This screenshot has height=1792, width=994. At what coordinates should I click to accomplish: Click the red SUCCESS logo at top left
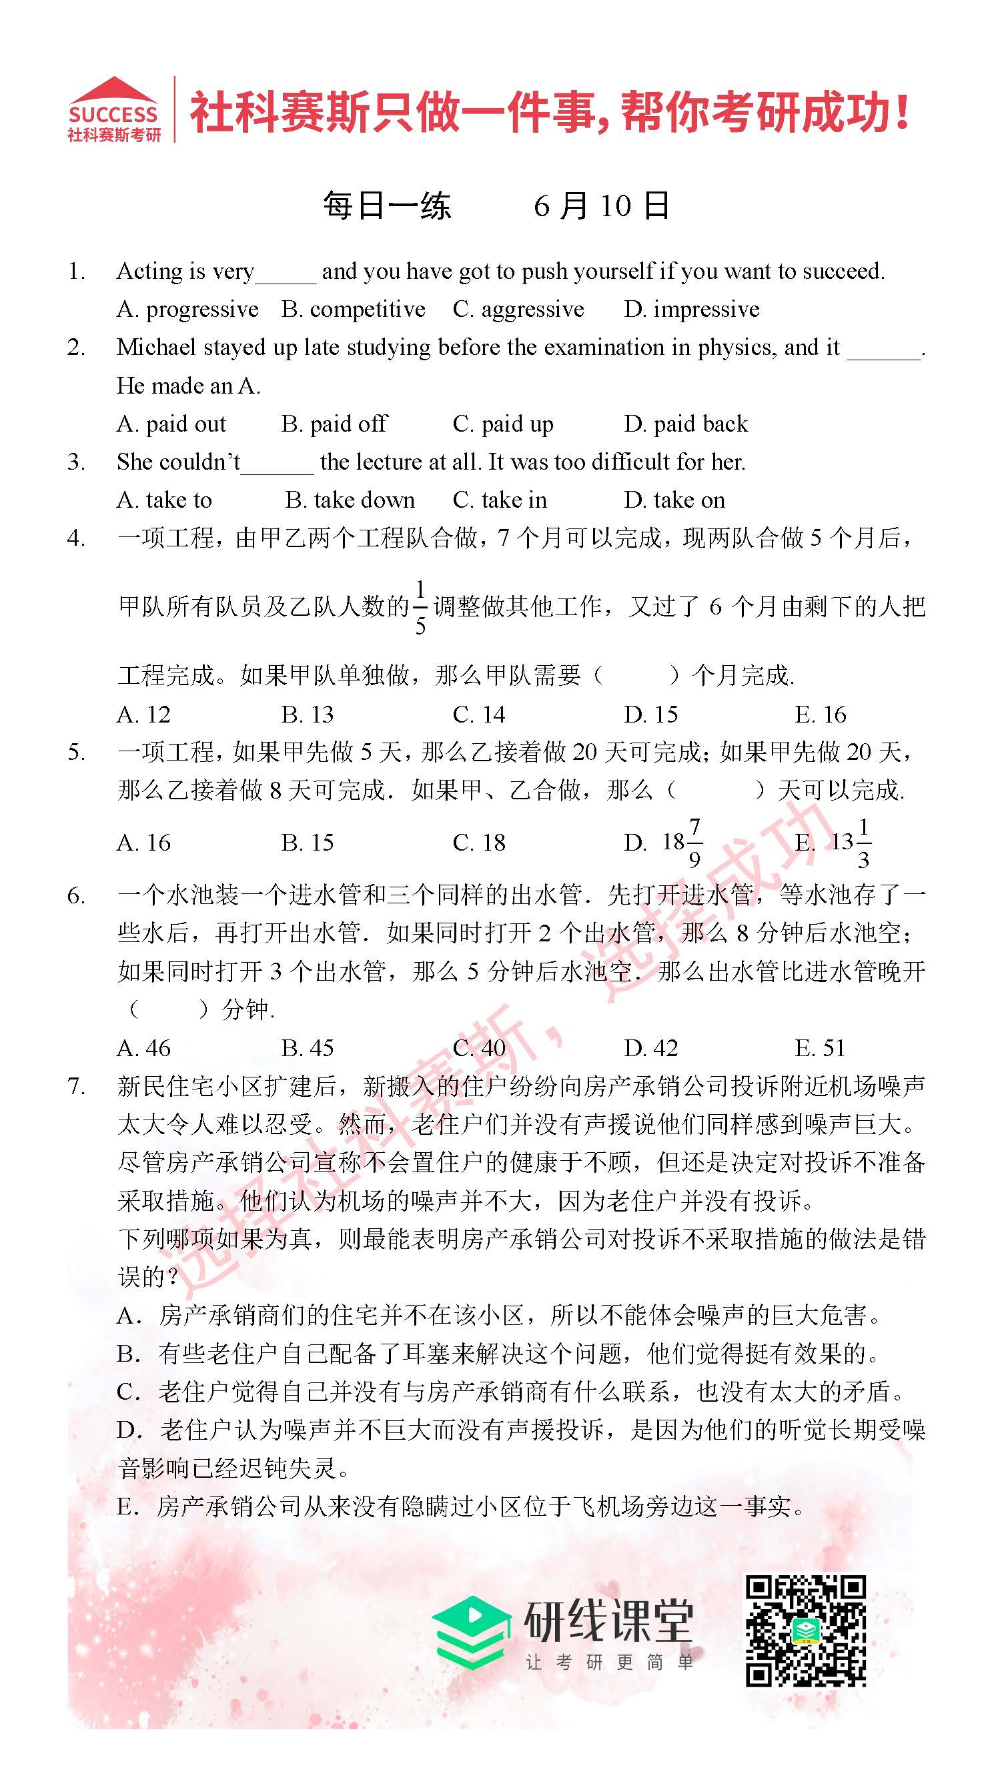click(113, 110)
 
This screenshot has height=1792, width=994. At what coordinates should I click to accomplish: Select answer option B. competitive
click(353, 310)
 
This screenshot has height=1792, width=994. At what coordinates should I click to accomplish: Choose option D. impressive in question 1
click(691, 310)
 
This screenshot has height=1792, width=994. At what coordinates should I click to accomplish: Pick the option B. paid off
click(334, 424)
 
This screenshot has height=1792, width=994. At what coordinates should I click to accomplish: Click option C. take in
click(500, 500)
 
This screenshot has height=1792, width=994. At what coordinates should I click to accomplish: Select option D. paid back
click(686, 424)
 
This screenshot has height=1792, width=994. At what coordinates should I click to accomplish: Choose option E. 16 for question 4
click(820, 715)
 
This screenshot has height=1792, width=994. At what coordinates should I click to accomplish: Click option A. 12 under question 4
click(143, 715)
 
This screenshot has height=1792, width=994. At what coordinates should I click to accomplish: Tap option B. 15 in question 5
click(307, 843)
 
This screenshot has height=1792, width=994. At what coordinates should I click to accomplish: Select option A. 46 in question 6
click(143, 1047)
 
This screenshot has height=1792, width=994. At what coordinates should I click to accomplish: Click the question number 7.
click(76, 1086)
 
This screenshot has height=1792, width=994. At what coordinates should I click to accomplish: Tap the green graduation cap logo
click(469, 1632)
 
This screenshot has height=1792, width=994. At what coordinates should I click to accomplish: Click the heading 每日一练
click(387, 206)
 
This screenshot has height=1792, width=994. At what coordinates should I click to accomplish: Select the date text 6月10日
click(601, 206)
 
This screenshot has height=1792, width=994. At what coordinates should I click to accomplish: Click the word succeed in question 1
click(843, 272)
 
